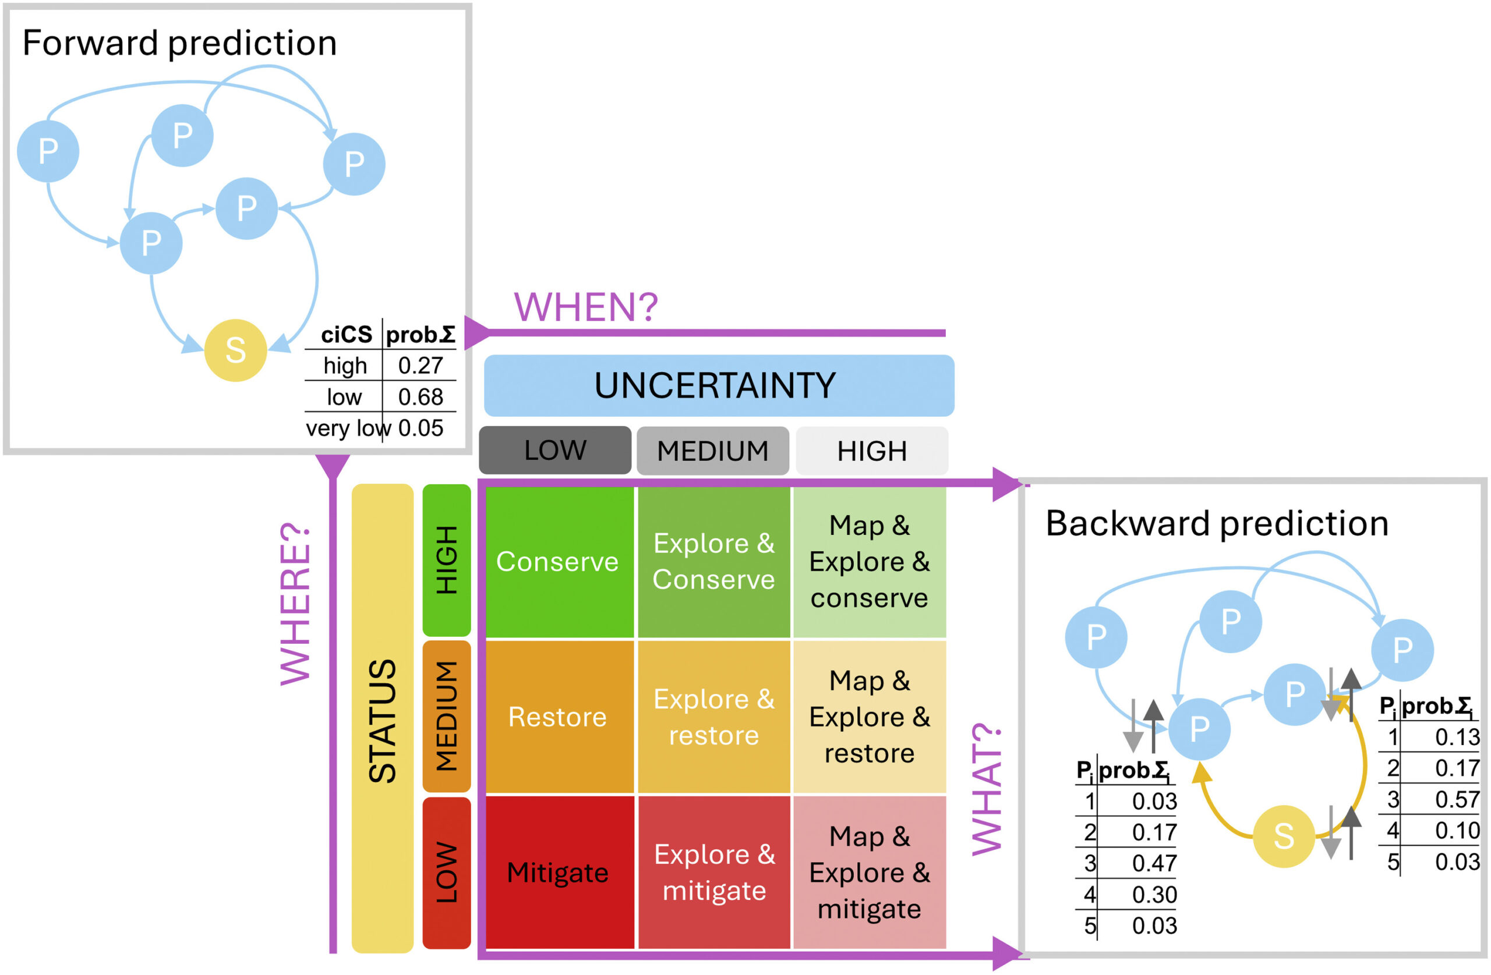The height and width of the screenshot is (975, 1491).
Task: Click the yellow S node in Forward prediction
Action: (235, 350)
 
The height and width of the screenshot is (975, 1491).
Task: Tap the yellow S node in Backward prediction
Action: (1283, 836)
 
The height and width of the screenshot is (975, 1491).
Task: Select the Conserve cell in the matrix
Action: (557, 562)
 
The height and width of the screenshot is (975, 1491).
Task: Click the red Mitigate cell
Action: (557, 873)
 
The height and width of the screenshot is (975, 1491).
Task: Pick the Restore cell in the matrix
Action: (557, 717)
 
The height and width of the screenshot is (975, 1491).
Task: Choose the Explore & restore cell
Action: (713, 717)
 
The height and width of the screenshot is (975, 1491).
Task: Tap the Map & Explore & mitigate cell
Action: (870, 873)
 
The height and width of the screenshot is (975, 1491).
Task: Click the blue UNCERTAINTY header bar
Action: (719, 385)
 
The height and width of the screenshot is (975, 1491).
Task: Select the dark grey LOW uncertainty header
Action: (555, 450)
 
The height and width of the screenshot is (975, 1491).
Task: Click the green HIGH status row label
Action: (447, 561)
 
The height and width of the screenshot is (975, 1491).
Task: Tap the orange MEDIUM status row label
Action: (447, 717)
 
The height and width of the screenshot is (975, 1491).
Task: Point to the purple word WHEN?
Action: (586, 307)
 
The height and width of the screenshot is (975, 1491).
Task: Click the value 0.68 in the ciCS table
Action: (421, 397)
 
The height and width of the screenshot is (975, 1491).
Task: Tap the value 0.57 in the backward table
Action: (1457, 800)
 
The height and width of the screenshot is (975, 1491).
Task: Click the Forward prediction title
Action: (180, 42)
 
